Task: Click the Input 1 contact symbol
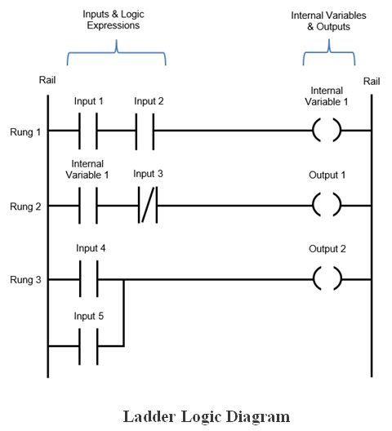pos(88,131)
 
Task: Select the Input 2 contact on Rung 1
pos(145,131)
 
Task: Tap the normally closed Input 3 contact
pos(148,205)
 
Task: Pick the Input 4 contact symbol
pos(88,279)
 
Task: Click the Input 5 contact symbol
pos(88,346)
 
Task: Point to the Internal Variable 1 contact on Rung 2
pos(88,206)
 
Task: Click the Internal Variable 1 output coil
pos(327,131)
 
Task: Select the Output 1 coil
pos(327,205)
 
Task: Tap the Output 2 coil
pos(327,278)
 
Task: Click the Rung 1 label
pos(25,132)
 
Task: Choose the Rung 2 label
pos(25,207)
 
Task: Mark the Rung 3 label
pos(25,280)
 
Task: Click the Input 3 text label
pos(148,174)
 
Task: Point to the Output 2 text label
pos(327,249)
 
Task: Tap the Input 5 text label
pos(88,316)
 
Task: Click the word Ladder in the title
pos(149,416)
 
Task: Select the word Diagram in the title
pos(258,417)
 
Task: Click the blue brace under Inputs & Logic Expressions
pos(116,51)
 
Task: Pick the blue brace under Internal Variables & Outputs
pos(329,51)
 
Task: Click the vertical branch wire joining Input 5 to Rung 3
pos(123,313)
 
